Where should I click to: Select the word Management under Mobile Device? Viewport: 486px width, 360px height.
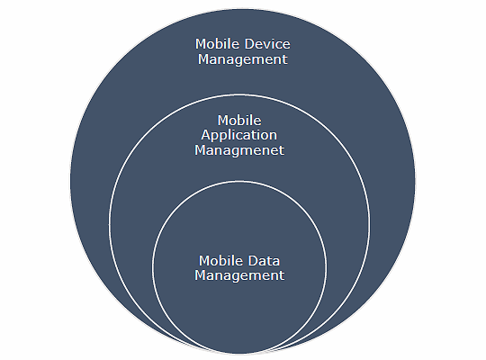[x=243, y=59]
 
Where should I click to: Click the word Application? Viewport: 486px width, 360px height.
[x=239, y=135]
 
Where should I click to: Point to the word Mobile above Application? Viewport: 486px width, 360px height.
[x=239, y=121]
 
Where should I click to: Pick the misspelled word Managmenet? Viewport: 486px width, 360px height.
[x=239, y=150]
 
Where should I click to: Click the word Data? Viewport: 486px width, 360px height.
[x=265, y=261]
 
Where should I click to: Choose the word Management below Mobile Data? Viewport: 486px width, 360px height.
[x=239, y=275]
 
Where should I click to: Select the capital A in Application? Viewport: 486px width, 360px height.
[x=205, y=135]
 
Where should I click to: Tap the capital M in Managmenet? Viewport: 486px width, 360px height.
[x=200, y=150]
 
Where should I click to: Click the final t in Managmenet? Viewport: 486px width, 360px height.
[x=282, y=151]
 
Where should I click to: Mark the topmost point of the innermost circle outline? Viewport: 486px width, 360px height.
[x=239, y=181]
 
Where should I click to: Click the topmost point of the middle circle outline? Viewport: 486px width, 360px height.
[x=239, y=94]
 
